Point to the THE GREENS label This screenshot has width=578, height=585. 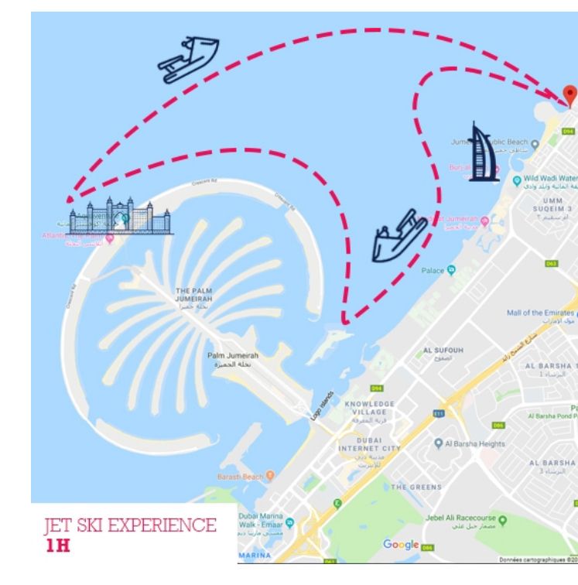417,487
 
